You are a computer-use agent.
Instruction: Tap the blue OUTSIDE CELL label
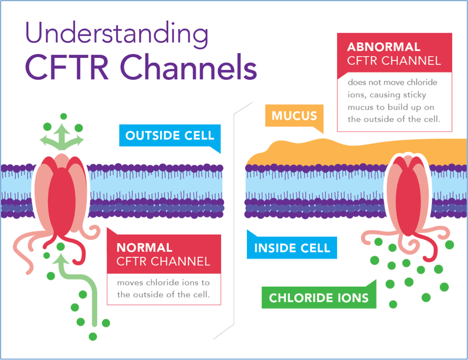(170, 135)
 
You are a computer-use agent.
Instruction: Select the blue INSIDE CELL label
(292, 248)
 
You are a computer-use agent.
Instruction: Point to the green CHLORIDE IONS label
(319, 298)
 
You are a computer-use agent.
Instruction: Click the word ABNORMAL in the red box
(383, 47)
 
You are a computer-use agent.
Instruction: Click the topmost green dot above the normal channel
(63, 116)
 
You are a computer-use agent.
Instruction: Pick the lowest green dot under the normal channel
(93, 336)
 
